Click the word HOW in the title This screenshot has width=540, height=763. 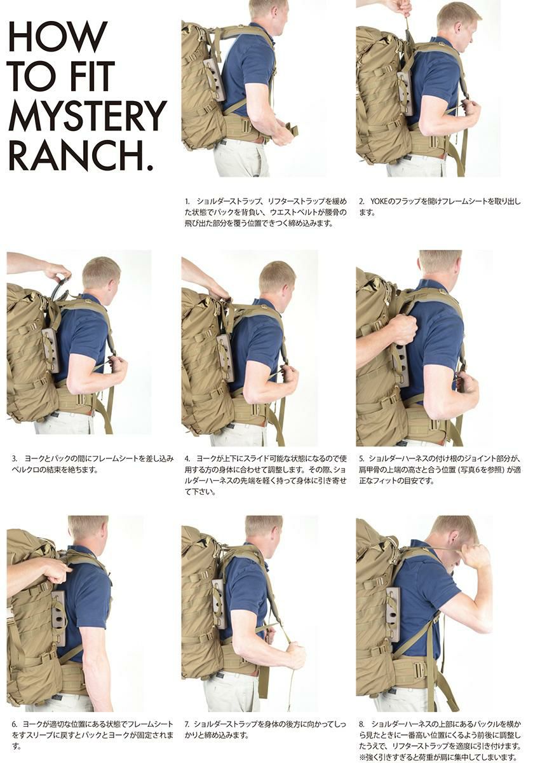pyautogui.click(x=57, y=36)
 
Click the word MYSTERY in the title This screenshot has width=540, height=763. pyautogui.click(x=88, y=116)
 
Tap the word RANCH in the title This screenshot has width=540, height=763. pyautogui.click(x=77, y=155)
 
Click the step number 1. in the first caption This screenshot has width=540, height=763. pyautogui.click(x=187, y=202)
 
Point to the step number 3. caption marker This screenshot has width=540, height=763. pyautogui.click(x=14, y=458)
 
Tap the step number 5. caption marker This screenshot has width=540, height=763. pyautogui.click(x=361, y=458)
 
